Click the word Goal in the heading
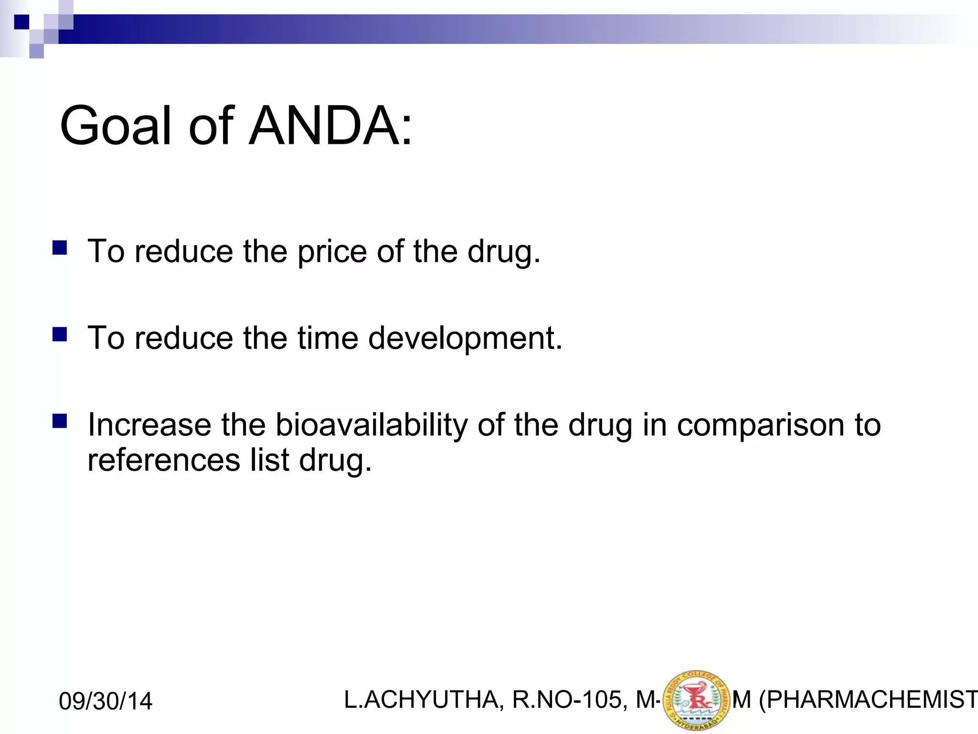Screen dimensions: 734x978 pyautogui.click(x=115, y=126)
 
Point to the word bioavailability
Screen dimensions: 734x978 pyautogui.click(x=372, y=425)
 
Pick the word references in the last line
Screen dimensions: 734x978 pyautogui.click(x=164, y=460)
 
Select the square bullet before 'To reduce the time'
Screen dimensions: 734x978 pyautogui.click(x=60, y=334)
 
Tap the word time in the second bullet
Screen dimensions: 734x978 pyautogui.click(x=328, y=338)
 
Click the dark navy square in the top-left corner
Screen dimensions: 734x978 pyautogui.click(x=21, y=22)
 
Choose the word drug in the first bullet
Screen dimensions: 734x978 pyautogui.click(x=503, y=252)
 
